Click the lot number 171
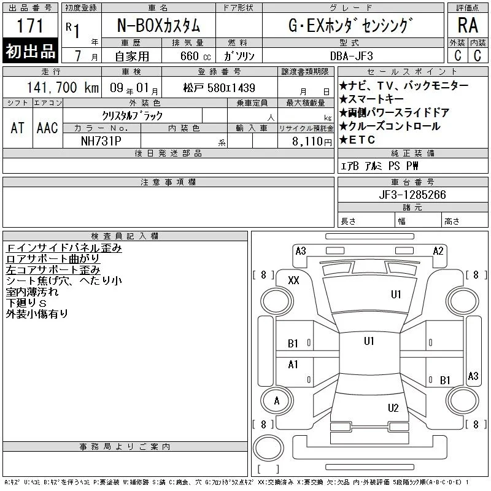30,26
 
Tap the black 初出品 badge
30,51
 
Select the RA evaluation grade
468,25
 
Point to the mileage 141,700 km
63,88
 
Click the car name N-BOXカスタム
158,26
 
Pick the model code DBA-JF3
352,56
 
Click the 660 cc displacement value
195,56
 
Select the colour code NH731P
101,141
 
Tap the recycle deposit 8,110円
312,142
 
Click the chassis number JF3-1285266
412,195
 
